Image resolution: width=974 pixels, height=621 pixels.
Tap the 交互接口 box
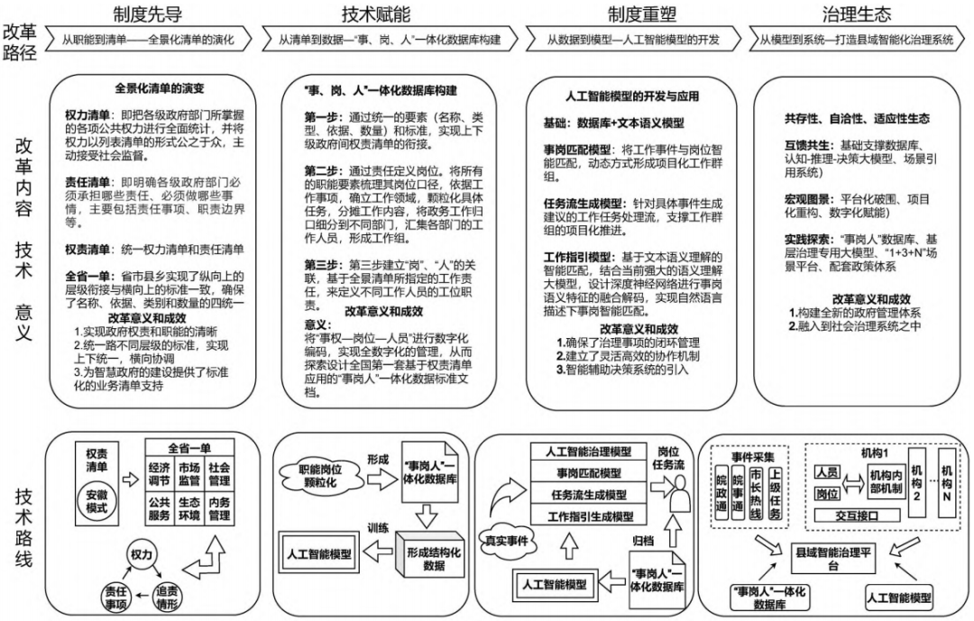click(852, 515)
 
